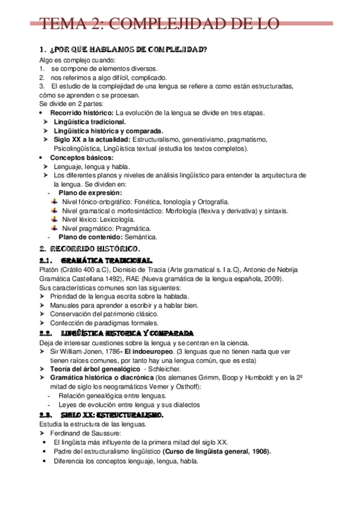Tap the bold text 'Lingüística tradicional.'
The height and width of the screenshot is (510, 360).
pos(90,121)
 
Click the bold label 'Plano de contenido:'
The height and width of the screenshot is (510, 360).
pos(91,238)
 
